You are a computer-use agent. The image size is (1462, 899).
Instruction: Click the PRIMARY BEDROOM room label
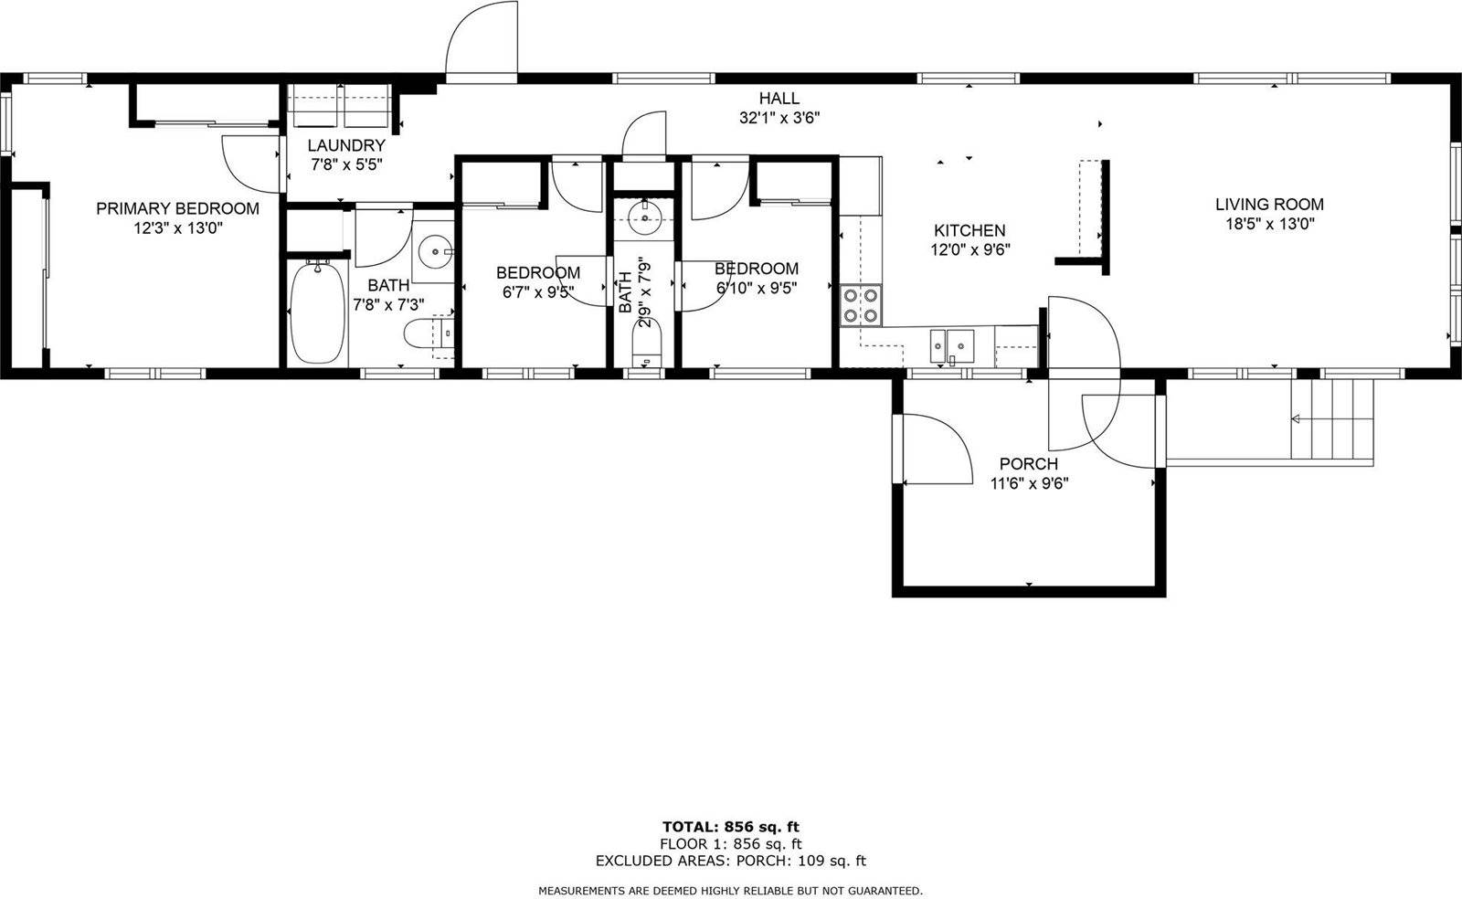pyautogui.click(x=177, y=208)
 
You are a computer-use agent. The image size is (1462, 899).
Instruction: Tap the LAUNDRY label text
pyautogui.click(x=345, y=145)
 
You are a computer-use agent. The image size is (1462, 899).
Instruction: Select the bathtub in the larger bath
pyautogui.click(x=317, y=312)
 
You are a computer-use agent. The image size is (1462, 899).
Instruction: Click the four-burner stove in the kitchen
pyautogui.click(x=860, y=305)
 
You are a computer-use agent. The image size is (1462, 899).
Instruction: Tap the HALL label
pyautogui.click(x=779, y=98)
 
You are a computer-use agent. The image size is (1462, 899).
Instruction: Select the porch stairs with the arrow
pyautogui.click(x=1331, y=419)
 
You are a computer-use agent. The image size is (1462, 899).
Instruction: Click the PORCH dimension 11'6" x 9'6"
pyautogui.click(x=1029, y=483)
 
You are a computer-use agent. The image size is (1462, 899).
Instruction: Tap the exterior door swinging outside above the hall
pyautogui.click(x=482, y=41)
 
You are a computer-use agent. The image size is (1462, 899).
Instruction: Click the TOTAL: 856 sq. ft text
pyautogui.click(x=730, y=828)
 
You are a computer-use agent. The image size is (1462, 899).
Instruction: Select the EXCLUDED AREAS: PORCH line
pyautogui.click(x=730, y=861)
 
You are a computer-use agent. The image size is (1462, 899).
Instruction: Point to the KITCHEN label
pyautogui.click(x=969, y=231)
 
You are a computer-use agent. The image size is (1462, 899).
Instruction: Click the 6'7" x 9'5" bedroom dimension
pyautogui.click(x=537, y=292)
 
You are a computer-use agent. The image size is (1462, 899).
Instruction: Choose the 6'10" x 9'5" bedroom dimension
pyautogui.click(x=757, y=288)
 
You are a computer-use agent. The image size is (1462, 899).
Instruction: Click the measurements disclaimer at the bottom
pyautogui.click(x=730, y=890)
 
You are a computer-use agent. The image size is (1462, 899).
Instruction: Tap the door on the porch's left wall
pyautogui.click(x=934, y=449)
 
